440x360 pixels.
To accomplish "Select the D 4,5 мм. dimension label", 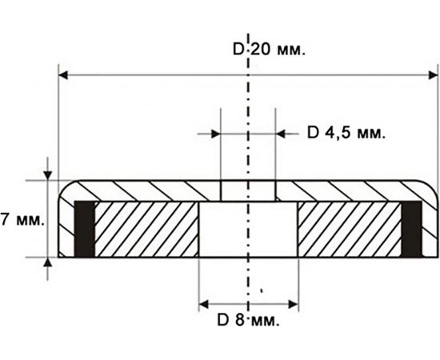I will tap(346, 134).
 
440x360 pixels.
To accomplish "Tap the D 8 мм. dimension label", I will tap(247, 322).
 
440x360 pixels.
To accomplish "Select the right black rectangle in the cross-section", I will tap(411, 230).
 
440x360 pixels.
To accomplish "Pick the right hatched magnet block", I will tap(350, 230).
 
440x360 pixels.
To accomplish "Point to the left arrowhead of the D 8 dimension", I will tap(205, 304).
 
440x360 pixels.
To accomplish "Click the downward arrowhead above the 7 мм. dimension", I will tap(49, 174).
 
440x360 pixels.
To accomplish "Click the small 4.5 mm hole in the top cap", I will tap(247, 191).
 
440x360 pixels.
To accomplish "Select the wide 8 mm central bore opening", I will tap(247, 232).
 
